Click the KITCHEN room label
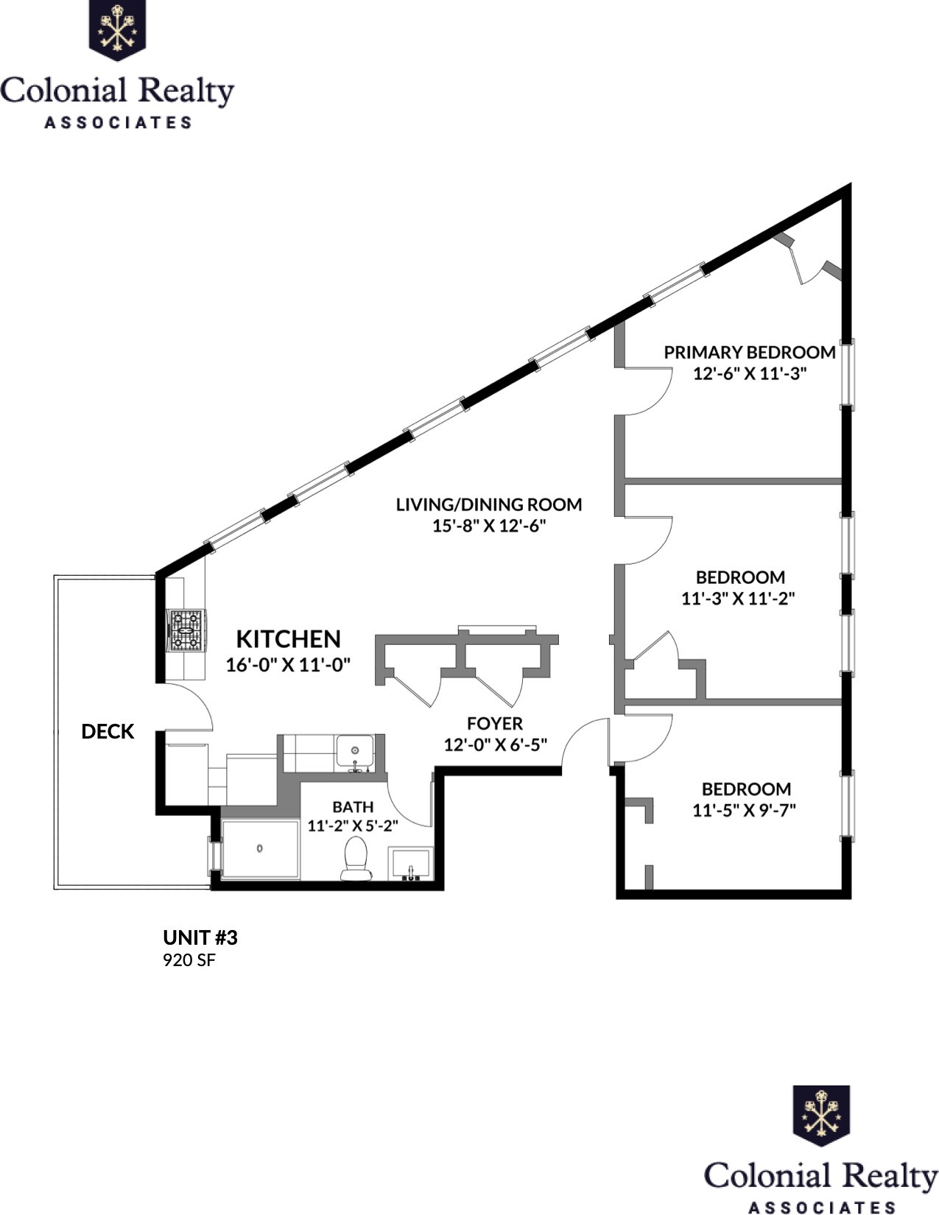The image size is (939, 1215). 288,638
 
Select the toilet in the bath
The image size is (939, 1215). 356,859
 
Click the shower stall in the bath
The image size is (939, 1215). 260,848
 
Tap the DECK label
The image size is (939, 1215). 108,731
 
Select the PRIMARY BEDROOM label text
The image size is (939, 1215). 749,352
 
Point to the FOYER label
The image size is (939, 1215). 495,723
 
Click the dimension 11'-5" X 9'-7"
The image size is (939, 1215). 745,810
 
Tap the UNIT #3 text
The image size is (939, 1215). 200,937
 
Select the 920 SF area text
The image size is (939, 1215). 189,960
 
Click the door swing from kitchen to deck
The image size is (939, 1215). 189,708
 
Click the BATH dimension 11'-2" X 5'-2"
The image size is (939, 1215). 353,826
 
